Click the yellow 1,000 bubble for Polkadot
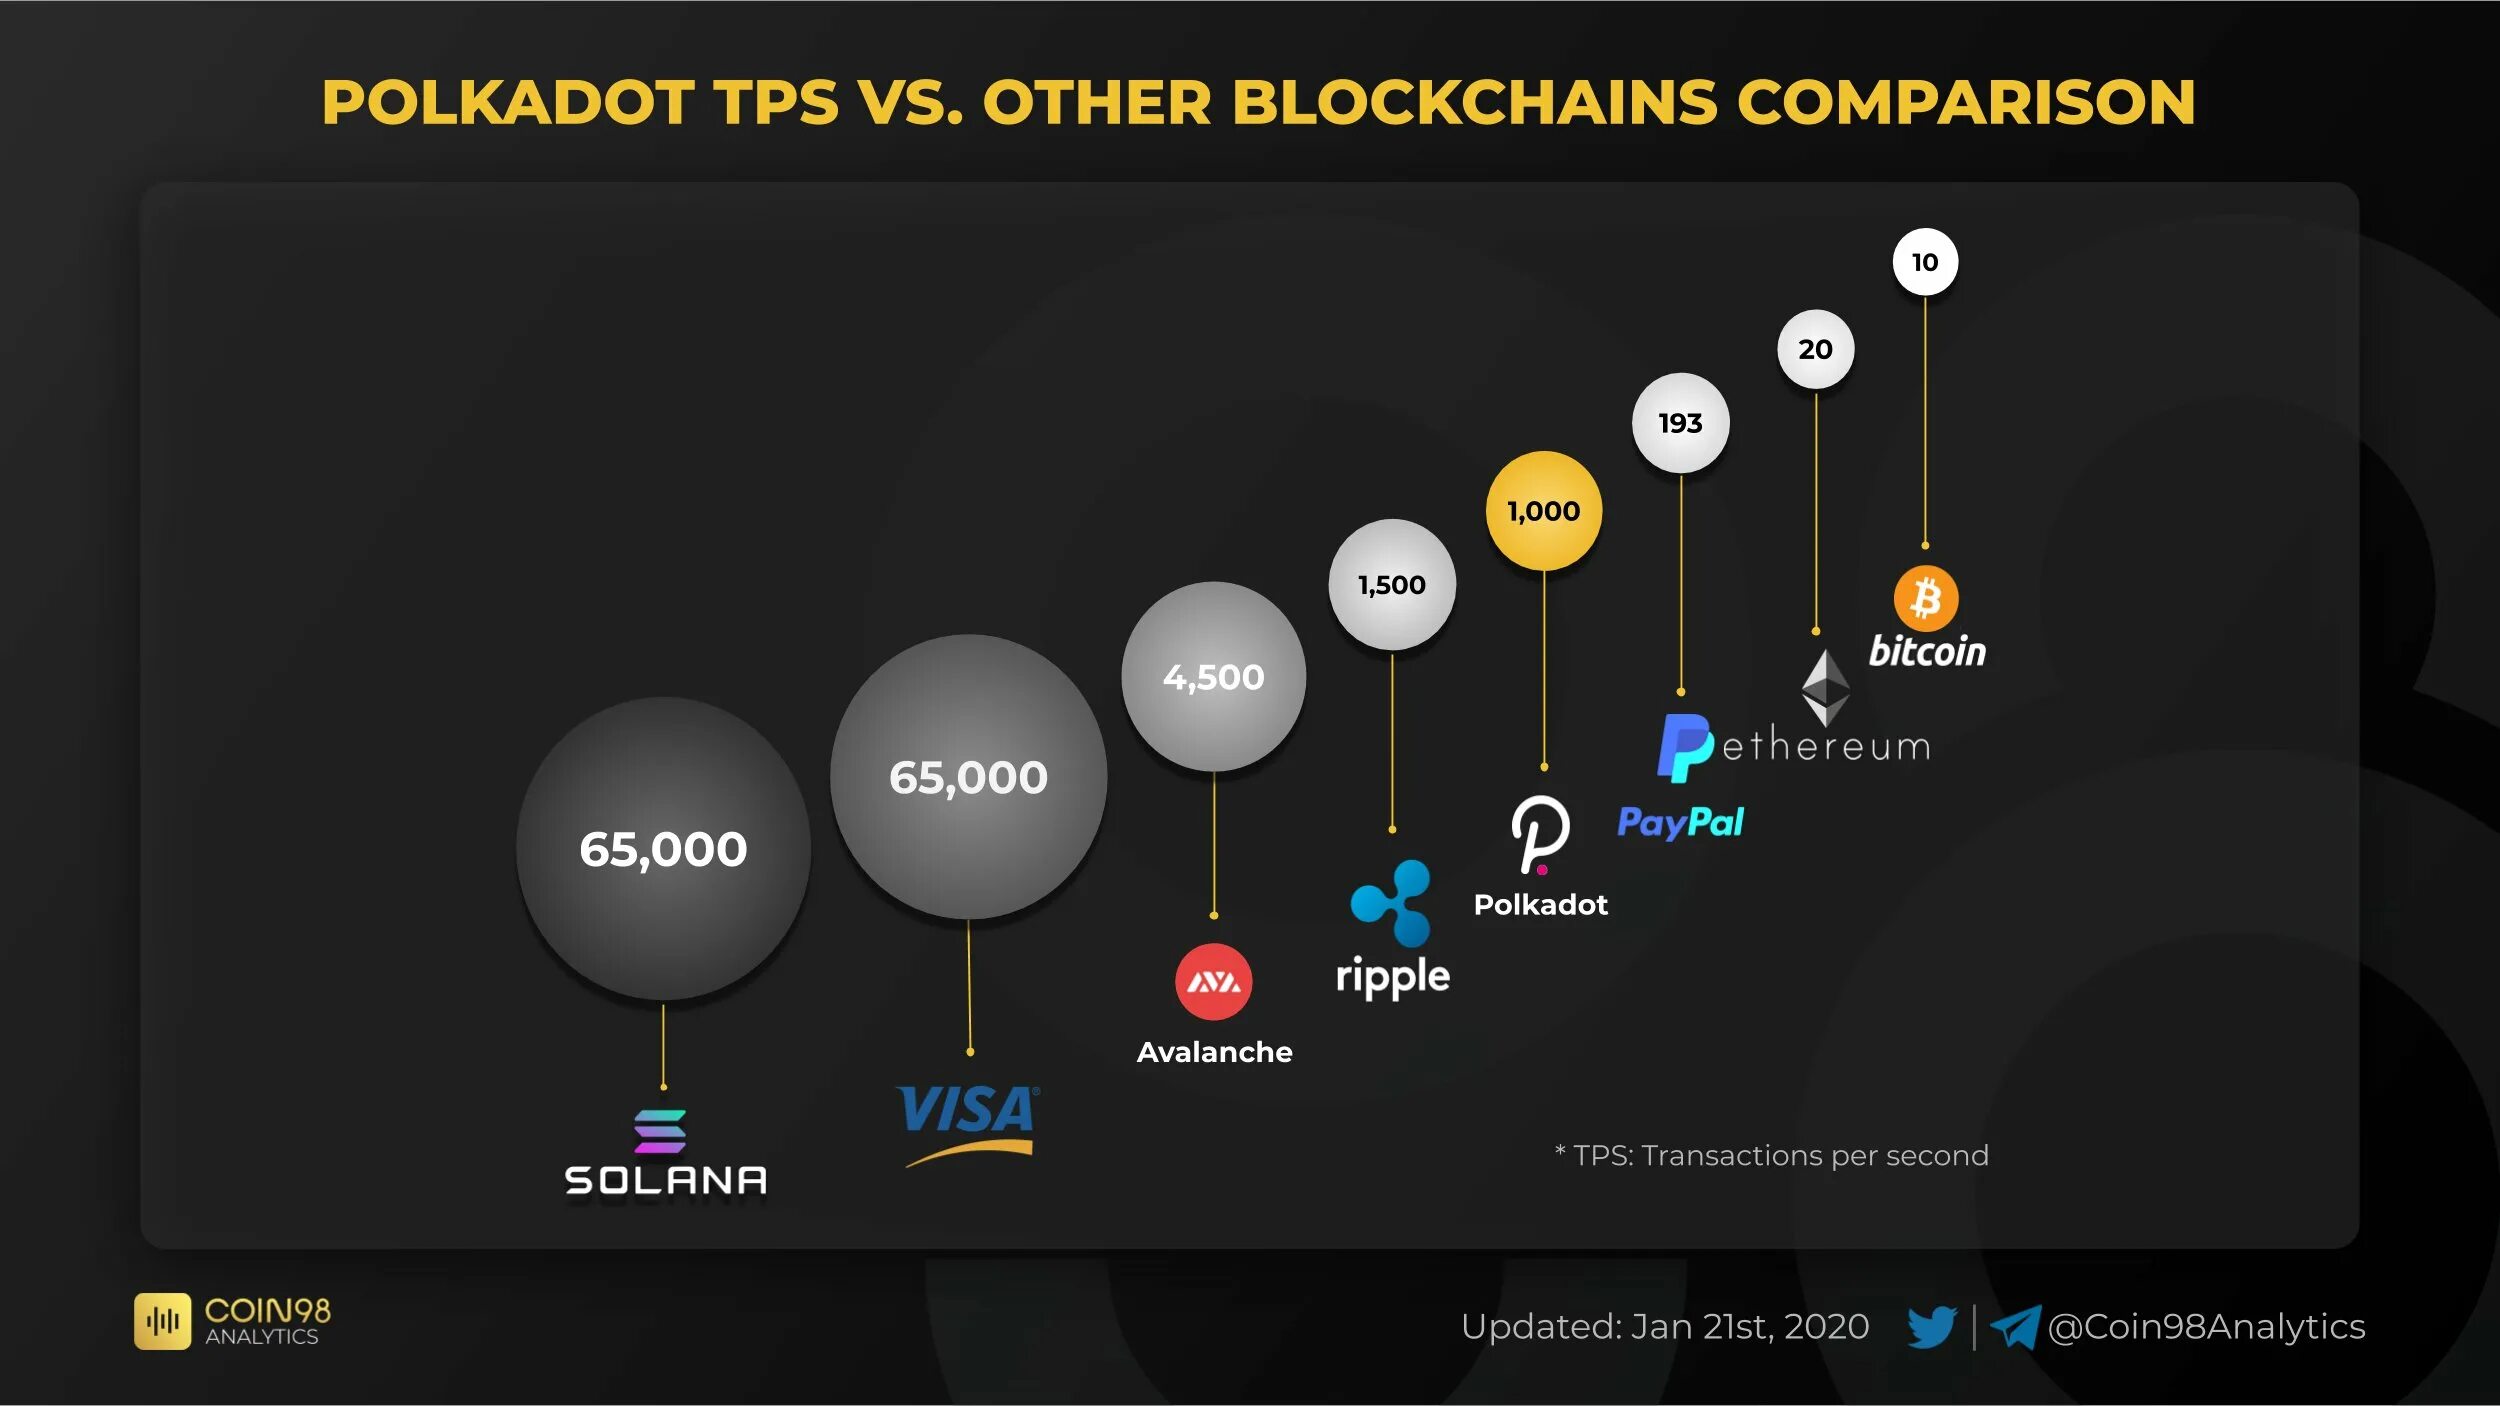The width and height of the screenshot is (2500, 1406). (x=1543, y=511)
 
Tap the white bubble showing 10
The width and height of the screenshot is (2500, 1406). (x=1925, y=262)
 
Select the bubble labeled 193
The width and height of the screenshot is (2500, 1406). (x=1680, y=423)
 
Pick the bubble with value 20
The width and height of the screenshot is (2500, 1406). (x=1815, y=349)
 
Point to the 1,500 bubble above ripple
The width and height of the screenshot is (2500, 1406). (x=1391, y=585)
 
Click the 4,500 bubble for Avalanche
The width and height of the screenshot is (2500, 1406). (x=1213, y=677)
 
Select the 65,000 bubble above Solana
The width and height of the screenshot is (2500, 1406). (x=663, y=849)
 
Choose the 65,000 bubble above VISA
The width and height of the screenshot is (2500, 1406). (x=968, y=777)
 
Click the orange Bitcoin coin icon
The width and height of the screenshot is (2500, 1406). (x=1926, y=598)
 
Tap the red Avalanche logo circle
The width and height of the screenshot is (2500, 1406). (x=1213, y=981)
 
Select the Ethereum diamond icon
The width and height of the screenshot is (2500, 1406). (x=1825, y=687)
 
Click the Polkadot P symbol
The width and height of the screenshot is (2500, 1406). (x=1539, y=833)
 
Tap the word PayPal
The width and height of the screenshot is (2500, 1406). (x=1680, y=822)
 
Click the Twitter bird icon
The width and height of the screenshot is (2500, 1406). (x=1931, y=1327)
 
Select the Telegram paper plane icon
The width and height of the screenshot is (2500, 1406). (x=2015, y=1328)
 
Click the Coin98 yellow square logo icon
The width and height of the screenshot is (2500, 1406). (x=162, y=1321)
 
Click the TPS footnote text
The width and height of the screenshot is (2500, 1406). (x=1771, y=1155)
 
